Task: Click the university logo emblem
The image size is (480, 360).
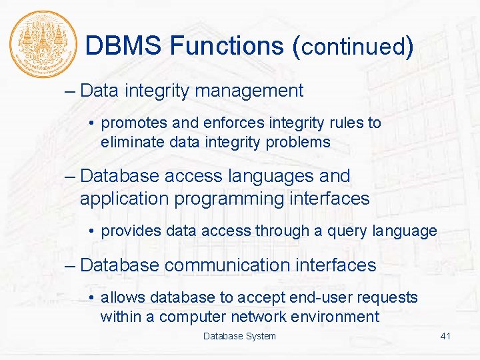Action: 41,44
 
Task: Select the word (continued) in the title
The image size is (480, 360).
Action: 353,47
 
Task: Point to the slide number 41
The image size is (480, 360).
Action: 445,336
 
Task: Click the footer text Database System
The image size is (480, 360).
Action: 239,336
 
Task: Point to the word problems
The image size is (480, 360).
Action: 297,142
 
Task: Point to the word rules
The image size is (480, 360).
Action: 349,123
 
